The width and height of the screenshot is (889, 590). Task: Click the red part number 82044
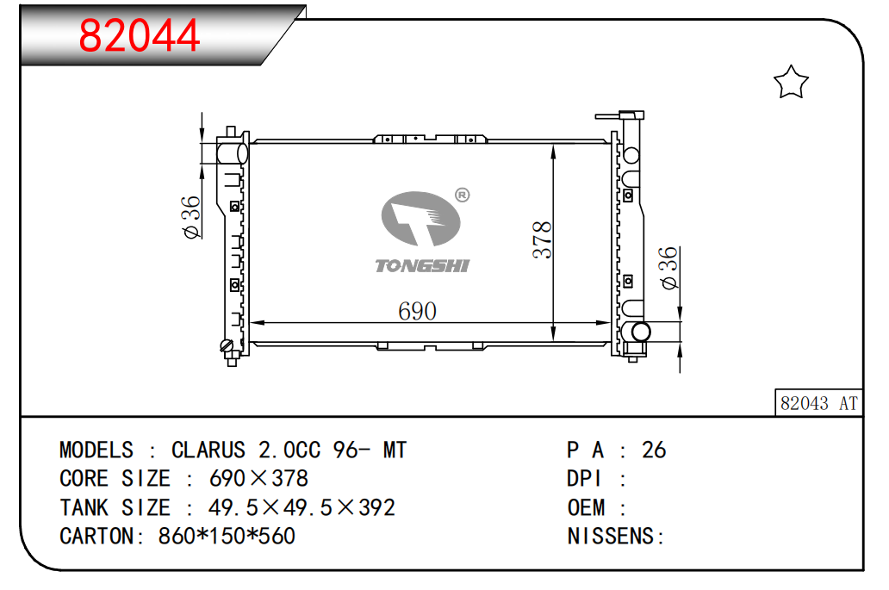pos(139,35)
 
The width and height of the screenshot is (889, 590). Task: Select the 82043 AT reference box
pos(818,403)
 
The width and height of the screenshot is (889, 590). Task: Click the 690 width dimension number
pos(417,311)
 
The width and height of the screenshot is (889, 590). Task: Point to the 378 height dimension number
pos(543,239)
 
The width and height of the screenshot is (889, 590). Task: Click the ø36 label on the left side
pos(191,217)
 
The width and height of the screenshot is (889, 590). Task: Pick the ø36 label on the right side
pos(669,268)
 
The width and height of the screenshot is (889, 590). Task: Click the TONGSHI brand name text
pos(422,266)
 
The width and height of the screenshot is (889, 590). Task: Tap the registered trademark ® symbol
pos(463,195)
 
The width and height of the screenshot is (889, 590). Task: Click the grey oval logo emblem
pos(420,218)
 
